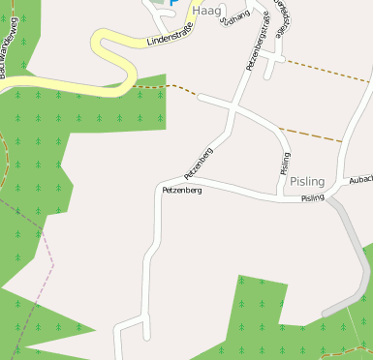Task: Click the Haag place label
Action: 207,10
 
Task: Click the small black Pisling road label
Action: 312,198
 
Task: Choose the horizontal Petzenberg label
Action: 182,191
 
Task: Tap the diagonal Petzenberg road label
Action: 199,163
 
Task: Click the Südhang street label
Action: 234,16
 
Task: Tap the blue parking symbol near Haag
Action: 172,3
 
